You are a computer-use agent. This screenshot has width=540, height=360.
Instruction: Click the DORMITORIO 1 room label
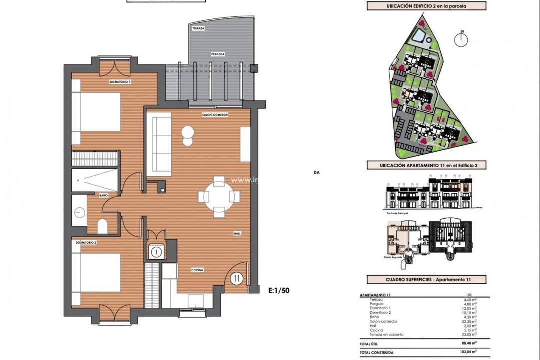coord(120,81)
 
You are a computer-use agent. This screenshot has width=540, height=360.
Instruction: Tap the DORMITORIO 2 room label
coord(86,242)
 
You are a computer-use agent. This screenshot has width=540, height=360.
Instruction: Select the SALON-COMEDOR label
coord(215,115)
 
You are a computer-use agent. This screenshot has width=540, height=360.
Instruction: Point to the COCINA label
coord(197,270)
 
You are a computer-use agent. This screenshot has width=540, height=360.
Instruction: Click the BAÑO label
coord(103,195)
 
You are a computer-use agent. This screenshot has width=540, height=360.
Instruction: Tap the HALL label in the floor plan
coord(238,233)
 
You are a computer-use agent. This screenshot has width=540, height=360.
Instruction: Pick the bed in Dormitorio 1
coord(96,112)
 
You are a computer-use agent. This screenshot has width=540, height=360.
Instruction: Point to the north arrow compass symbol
coord(462,40)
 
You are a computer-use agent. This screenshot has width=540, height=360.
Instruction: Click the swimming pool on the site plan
coord(419,36)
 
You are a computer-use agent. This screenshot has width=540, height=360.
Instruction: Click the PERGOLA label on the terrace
coord(217,53)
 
